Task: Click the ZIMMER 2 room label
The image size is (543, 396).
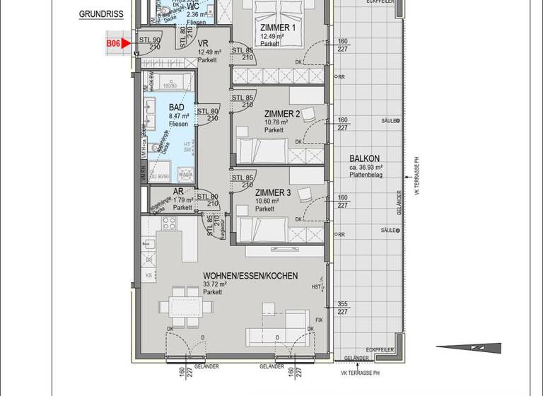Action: coord(283,113)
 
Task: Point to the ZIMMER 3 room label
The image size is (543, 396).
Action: coord(274,192)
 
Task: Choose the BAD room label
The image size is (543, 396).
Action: coord(176,107)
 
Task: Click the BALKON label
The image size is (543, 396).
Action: coord(365,158)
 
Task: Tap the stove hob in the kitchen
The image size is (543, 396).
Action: coord(170,224)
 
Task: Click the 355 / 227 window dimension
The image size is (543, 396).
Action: coord(343,306)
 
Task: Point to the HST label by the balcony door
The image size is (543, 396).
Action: coord(316,286)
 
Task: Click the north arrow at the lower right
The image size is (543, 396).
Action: coord(468,347)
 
